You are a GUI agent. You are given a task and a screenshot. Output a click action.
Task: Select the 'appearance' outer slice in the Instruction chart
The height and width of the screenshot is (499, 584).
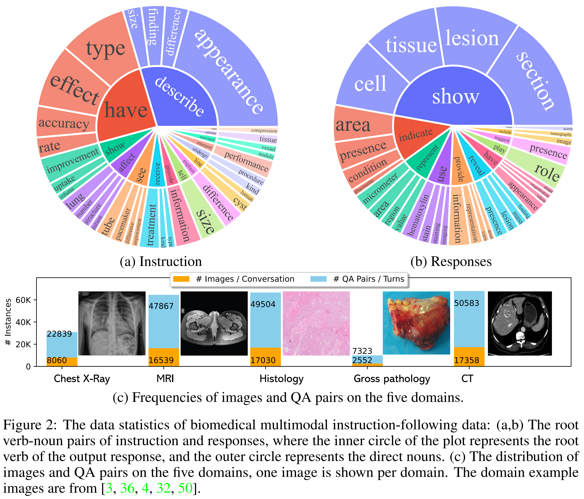[228, 70]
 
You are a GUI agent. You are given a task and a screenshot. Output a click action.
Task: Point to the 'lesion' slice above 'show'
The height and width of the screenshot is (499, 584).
[472, 38]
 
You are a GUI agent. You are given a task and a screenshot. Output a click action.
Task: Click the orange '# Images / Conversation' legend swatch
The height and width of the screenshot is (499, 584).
[181, 279]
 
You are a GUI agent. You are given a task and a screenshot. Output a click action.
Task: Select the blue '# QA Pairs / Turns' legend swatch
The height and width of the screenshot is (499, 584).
[318, 279]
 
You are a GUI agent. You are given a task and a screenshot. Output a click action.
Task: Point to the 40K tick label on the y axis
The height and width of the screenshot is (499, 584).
[23, 322]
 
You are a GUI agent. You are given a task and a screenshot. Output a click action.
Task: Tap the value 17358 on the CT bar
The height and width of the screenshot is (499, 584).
[467, 360]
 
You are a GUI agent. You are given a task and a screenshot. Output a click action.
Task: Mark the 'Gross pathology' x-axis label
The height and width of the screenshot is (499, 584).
[392, 379]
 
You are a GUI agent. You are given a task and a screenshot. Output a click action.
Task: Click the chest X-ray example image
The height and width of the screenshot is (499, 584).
[112, 323]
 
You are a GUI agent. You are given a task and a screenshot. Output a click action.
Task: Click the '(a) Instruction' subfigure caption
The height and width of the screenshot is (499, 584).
[161, 261]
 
